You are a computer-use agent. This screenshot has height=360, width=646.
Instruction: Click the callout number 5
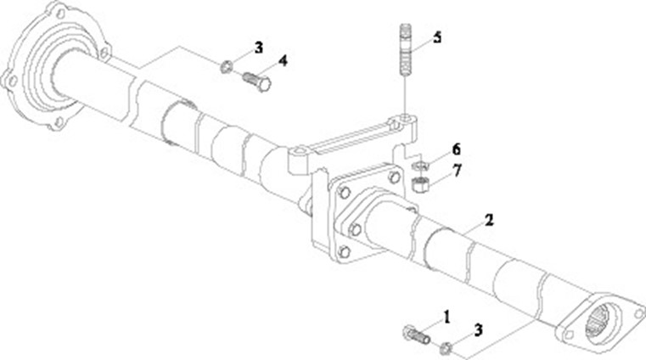point(436,37)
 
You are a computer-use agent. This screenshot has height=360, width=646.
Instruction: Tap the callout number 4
point(282,61)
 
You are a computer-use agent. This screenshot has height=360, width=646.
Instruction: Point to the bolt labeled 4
point(255,82)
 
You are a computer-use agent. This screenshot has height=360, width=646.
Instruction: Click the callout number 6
point(457,149)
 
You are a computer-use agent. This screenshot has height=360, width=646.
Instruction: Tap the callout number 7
point(457,170)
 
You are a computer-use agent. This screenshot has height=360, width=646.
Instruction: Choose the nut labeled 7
point(418,182)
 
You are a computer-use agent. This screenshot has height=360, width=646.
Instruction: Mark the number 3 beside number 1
point(480,329)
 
